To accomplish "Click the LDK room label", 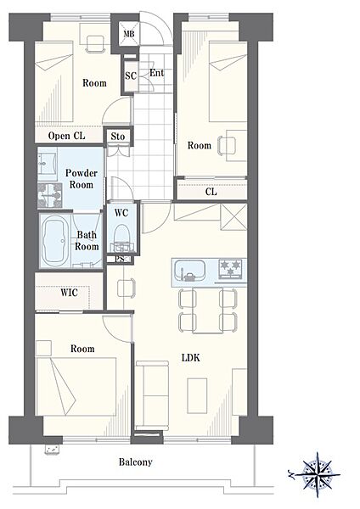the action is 191,358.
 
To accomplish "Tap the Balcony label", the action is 135,462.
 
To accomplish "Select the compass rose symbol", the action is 314,475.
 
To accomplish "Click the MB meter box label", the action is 129,34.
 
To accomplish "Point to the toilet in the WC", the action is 122,238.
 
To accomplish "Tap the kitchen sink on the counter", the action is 189,271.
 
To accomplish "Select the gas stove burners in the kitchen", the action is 231,269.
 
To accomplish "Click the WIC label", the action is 70,293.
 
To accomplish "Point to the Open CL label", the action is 66,136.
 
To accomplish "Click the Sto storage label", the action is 118,137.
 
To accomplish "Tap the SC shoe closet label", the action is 131,76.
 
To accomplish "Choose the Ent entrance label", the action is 156,73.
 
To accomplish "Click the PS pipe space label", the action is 120,259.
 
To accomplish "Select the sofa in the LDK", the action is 152,395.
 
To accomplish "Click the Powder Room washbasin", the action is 47,164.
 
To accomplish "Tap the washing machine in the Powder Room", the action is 49,195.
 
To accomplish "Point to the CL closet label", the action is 211,192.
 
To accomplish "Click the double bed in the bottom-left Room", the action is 76,386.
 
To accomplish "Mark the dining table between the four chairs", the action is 208,310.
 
